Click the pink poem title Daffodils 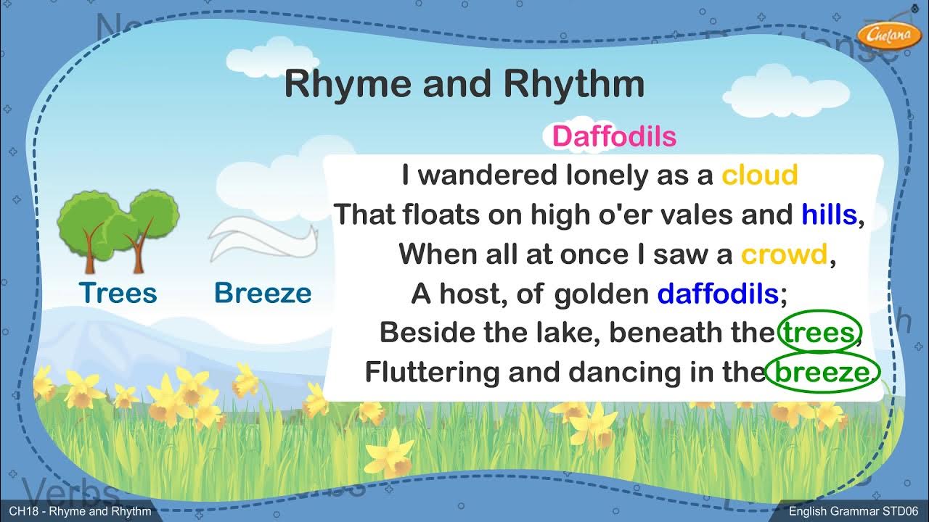[614, 137]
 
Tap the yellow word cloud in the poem [759, 175]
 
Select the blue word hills [830, 215]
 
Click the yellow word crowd [784, 254]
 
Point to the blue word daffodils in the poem [718, 294]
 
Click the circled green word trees [818, 333]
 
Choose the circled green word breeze [822, 373]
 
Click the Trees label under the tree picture [118, 293]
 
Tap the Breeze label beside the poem [263, 293]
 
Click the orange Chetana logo [879, 34]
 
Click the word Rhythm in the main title [563, 84]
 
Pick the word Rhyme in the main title [347, 84]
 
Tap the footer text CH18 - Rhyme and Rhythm [80, 512]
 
